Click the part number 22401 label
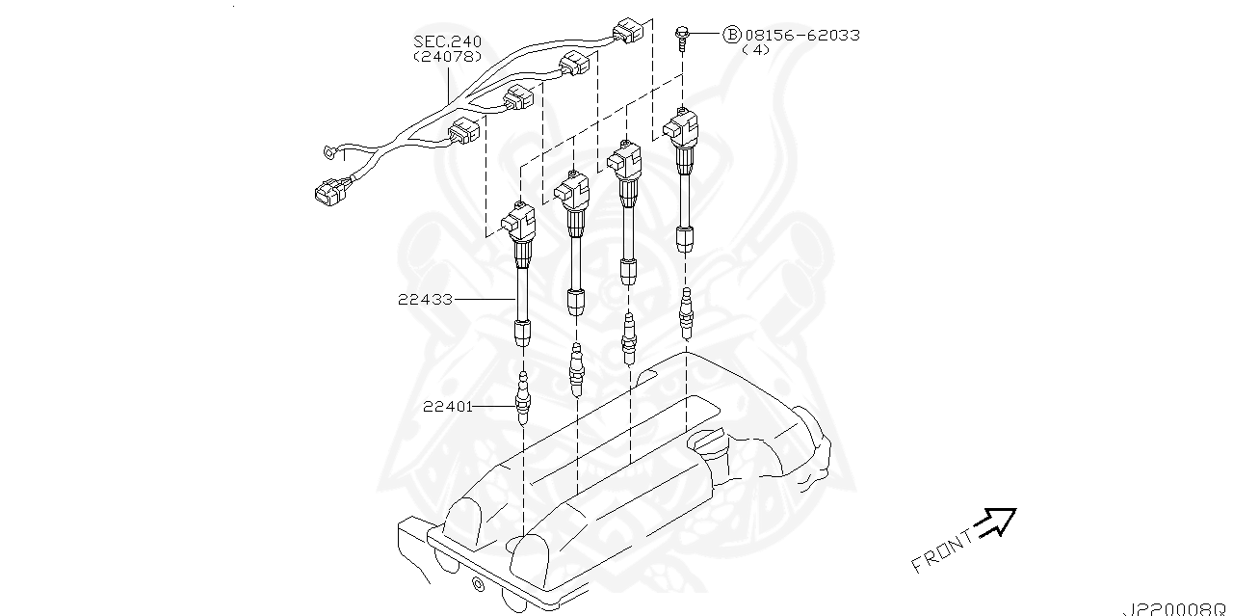tap(448, 407)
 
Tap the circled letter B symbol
tap(731, 36)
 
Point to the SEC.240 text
tap(448, 42)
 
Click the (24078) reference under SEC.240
tap(448, 57)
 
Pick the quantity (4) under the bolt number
tap(756, 50)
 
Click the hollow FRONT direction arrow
tap(995, 523)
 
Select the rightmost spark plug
tap(685, 313)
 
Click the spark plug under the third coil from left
tap(629, 338)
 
